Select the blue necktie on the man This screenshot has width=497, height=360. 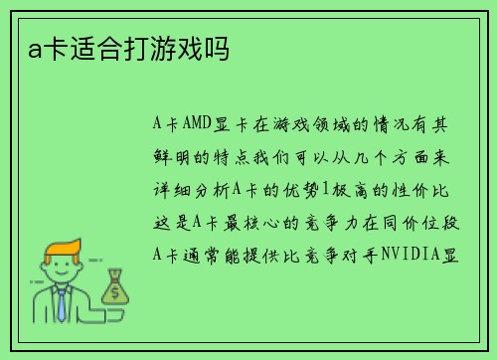pos(62,302)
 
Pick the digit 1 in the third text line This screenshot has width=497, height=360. pos(350,190)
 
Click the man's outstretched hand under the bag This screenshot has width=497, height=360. pos(102,307)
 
